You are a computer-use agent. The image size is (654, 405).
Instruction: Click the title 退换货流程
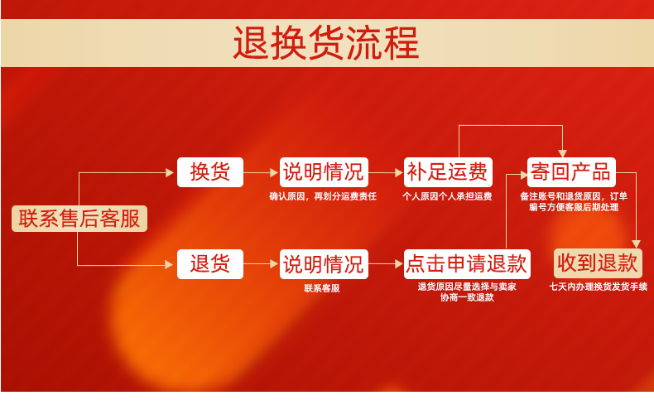(326, 42)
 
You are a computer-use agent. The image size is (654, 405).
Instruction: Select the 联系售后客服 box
(79, 219)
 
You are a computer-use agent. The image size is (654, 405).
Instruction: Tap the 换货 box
(210, 172)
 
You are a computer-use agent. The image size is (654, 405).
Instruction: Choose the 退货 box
(210, 264)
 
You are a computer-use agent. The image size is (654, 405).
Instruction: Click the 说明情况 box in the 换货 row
(324, 172)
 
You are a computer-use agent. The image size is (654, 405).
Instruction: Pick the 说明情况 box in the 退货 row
(324, 264)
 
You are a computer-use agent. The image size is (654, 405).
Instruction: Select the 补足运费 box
(448, 172)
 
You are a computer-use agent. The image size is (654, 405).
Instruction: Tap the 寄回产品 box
(571, 172)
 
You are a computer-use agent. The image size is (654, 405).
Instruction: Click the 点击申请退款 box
(467, 264)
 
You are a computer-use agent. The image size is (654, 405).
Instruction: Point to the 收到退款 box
(598, 263)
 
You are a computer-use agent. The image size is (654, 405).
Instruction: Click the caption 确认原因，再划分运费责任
(323, 196)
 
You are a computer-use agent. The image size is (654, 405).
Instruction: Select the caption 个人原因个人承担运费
(447, 196)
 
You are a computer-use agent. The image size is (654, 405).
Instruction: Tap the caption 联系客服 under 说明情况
(322, 288)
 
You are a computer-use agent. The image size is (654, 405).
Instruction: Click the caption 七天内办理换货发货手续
(598, 287)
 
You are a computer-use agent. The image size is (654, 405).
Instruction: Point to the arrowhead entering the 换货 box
(170, 172)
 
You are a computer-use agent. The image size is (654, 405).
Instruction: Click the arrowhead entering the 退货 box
(169, 264)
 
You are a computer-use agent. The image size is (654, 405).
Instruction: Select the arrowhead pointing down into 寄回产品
(562, 153)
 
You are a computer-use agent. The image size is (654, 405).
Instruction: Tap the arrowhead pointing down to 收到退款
(636, 244)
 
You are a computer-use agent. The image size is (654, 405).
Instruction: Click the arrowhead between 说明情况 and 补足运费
(399, 172)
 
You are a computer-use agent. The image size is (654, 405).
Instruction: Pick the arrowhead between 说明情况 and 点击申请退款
(399, 264)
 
